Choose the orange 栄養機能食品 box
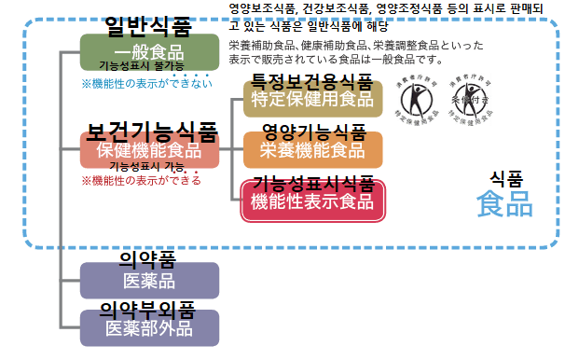tap(312, 150)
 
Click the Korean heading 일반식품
tap(140, 22)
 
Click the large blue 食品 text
tap(504, 204)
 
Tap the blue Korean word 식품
tap(506, 177)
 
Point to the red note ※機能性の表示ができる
tap(141, 181)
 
